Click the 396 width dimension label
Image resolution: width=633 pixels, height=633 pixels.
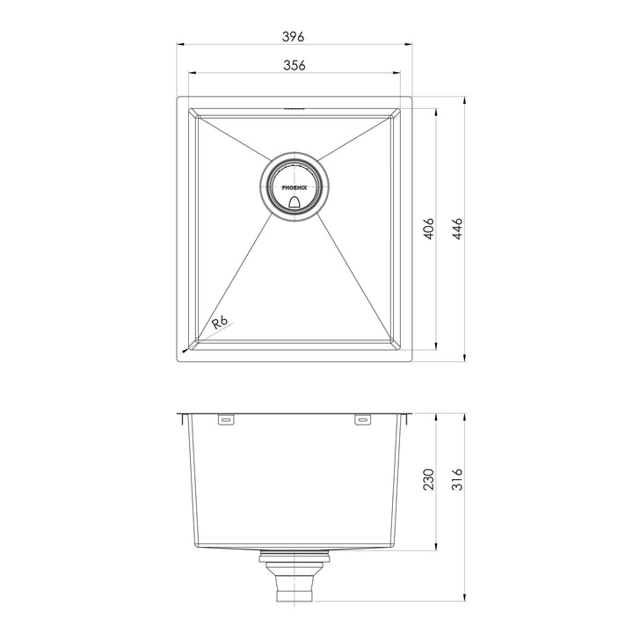[294, 36]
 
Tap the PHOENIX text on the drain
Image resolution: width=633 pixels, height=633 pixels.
[295, 186]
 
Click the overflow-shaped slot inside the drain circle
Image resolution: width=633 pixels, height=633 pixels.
[295, 202]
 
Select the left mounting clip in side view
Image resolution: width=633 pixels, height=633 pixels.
[226, 421]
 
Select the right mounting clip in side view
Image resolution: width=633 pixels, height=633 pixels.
[362, 421]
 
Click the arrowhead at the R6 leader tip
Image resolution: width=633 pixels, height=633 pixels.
[185, 350]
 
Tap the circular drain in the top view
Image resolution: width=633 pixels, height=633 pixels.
[295, 186]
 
